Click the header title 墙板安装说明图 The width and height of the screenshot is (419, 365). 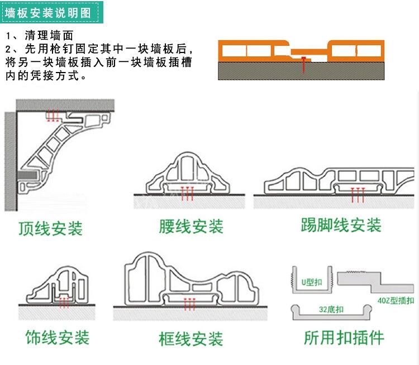[50, 12]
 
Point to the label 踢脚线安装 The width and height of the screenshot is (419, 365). [341, 225]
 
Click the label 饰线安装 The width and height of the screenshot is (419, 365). [57, 337]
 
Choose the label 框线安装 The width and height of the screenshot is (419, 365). [191, 339]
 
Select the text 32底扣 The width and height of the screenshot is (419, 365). [328, 309]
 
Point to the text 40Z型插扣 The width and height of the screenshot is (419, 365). [396, 301]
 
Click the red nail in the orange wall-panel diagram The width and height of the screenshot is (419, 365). [302, 65]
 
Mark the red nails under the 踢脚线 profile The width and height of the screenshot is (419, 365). [356, 194]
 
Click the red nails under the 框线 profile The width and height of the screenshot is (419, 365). [190, 304]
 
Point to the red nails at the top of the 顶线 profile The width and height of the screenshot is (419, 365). [53, 116]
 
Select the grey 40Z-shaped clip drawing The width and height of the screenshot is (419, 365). [374, 280]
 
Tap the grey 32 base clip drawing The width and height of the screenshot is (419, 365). [330, 312]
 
